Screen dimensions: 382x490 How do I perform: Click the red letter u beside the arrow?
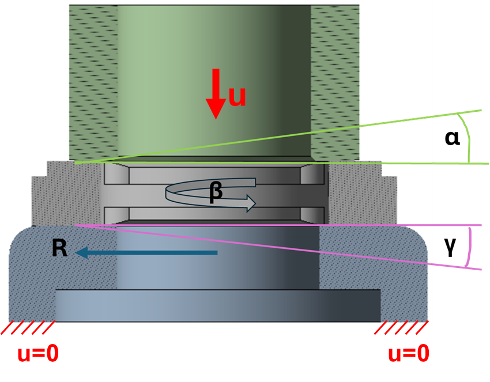point(238,95)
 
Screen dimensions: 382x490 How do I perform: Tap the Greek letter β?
point(216,192)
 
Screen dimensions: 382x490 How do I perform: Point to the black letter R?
point(59,248)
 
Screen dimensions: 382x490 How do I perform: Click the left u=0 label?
point(38,353)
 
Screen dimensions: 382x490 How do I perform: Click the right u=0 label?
point(408,353)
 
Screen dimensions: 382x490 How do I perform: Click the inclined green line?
point(277,137)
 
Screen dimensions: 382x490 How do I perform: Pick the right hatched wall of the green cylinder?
point(335,81)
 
